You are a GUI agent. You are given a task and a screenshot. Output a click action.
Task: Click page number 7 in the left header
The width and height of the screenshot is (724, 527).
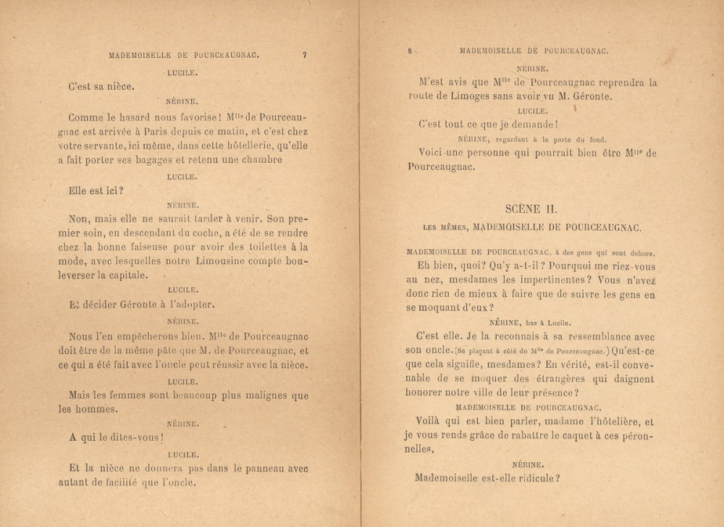click(x=305, y=54)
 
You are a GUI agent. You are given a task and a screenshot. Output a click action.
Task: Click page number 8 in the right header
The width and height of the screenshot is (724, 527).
click(x=410, y=51)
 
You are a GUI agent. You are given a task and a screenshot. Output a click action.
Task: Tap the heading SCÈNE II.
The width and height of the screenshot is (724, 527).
click(x=531, y=208)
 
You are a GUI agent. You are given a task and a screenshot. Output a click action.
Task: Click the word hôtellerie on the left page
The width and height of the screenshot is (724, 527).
click(x=219, y=146)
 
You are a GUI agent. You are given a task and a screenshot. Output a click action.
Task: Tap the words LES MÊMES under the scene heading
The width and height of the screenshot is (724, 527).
click(x=445, y=227)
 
